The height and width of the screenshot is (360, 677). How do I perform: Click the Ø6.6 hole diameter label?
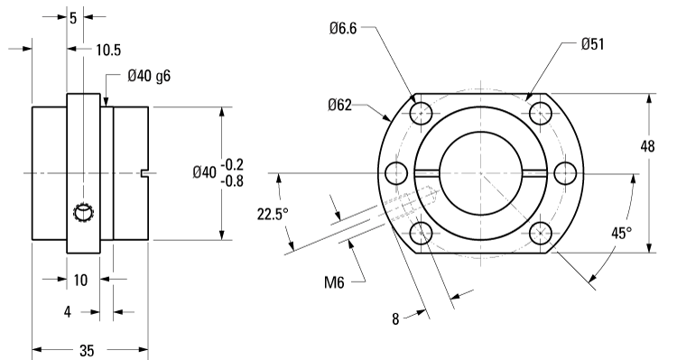point(345,29)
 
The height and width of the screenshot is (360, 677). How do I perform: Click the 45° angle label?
point(622,233)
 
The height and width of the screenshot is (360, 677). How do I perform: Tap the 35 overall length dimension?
point(88,349)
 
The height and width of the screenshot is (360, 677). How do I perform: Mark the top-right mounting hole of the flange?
point(542,113)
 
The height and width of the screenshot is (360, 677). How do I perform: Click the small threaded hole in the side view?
point(84,212)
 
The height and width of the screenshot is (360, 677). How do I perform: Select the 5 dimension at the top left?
point(73,15)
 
